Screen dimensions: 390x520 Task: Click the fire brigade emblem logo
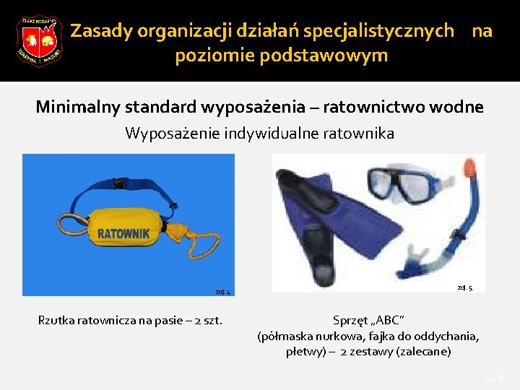click(39, 40)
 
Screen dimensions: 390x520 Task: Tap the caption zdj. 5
click(465, 287)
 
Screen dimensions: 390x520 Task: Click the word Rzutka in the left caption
click(56, 320)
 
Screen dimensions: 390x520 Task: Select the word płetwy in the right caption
click(303, 352)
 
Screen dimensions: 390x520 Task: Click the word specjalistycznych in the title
click(379, 31)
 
